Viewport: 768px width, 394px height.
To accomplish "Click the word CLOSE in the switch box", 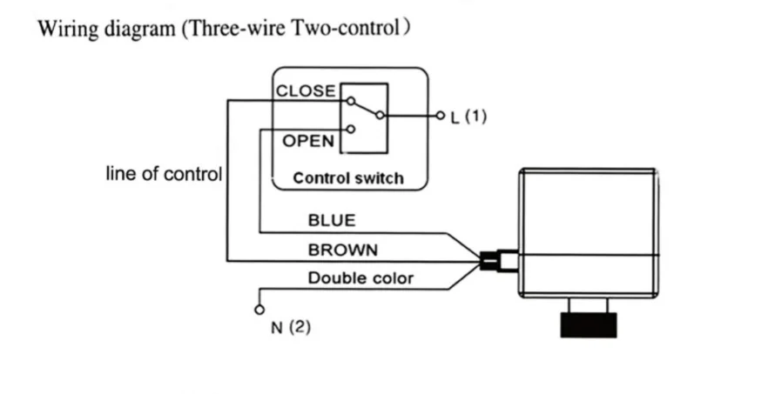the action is pos(307,91).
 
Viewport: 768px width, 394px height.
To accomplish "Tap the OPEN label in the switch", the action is pos(308,141).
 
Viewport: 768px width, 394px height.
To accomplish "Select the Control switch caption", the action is pos(348,178).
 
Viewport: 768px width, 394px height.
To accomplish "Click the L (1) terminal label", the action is pos(468,117).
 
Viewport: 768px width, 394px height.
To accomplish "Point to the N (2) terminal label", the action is pos(291,327).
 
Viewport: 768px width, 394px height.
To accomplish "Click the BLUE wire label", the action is pos(332,220).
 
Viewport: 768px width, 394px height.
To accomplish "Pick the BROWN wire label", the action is pos(343,250).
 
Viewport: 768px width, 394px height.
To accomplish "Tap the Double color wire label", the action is pos(360,278).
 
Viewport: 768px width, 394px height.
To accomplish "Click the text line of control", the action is pos(164,174).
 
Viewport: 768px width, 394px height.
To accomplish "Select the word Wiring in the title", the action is pos(69,29).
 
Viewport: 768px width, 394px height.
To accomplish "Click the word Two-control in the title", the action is pos(347,28).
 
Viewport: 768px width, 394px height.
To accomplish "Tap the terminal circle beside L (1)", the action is pos(441,116).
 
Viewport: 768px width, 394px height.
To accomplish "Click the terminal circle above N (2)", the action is pos(259,310).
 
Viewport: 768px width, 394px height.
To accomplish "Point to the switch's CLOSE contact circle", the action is pos(351,101).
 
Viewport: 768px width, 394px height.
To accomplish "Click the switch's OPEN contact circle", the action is pos(351,130).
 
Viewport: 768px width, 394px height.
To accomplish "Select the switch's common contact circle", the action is pos(380,116).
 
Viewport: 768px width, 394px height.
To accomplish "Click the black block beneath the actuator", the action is pos(589,325).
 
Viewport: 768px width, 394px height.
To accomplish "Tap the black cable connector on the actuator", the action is pos(488,261).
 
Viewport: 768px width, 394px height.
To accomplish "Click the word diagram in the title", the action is pos(139,30).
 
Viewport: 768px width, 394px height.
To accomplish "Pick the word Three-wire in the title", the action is pos(234,28).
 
